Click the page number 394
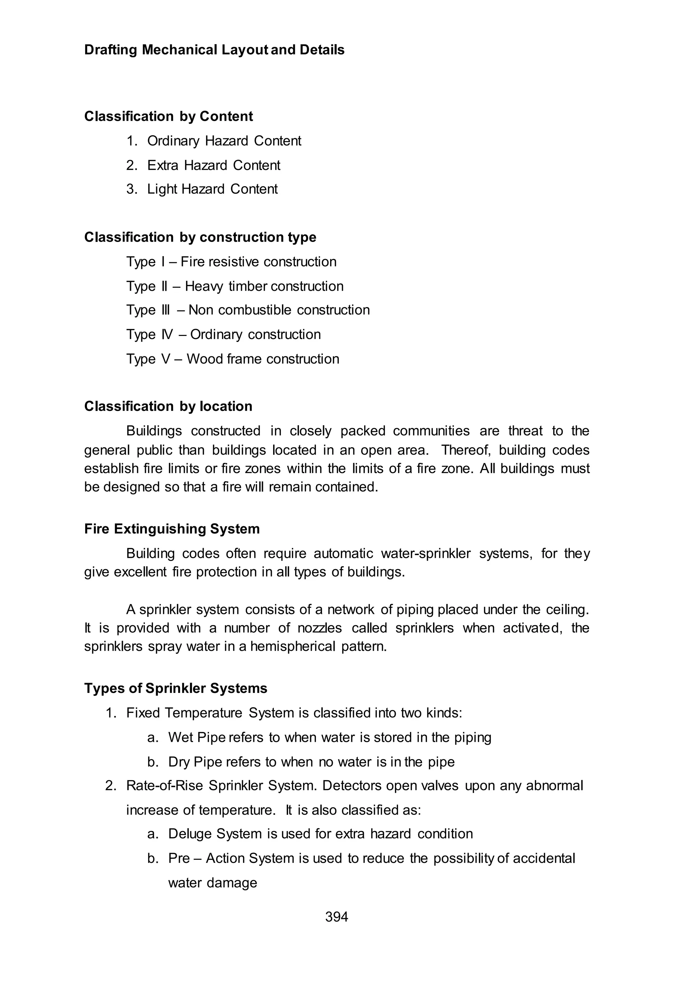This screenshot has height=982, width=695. [336, 917]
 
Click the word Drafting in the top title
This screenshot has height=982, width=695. [110, 50]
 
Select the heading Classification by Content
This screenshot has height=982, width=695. [168, 116]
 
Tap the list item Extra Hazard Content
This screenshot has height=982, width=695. [213, 165]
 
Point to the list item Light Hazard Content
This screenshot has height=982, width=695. [212, 189]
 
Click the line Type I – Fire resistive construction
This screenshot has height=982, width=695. [231, 262]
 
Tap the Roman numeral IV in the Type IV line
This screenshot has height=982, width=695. [167, 335]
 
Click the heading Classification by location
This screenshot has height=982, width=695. [168, 406]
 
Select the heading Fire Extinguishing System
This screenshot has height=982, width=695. [172, 529]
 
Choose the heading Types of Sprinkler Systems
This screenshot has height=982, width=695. [175, 688]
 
